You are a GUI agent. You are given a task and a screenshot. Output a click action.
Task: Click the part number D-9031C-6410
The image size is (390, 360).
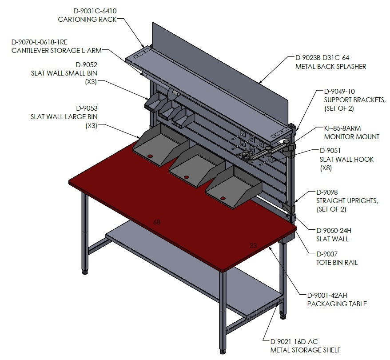pyautogui.click(x=95, y=11)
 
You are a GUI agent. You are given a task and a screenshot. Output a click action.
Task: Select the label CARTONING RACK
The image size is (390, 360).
pyautogui.click(x=87, y=20)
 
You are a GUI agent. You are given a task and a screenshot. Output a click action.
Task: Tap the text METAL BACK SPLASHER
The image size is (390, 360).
pyautogui.click(x=330, y=67)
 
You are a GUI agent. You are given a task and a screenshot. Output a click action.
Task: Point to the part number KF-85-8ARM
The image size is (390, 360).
pyautogui.click(x=342, y=128)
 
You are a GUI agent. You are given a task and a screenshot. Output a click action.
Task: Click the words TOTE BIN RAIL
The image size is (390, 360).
pyautogui.click(x=337, y=263)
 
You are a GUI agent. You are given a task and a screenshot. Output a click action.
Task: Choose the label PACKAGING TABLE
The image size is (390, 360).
pyautogui.click(x=337, y=304)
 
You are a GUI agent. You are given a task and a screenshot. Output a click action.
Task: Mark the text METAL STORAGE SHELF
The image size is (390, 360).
pyautogui.click(x=306, y=350)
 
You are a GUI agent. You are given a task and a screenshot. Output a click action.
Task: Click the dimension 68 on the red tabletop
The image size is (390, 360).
pyautogui.click(x=157, y=222)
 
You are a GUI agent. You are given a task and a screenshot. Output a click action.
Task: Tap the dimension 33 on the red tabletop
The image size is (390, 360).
pyautogui.click(x=253, y=246)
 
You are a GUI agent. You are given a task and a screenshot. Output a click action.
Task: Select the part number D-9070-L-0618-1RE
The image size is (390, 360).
pyautogui.click(x=40, y=42)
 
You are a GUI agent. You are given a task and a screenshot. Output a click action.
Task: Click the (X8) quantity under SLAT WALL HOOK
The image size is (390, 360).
pyautogui.click(x=326, y=168)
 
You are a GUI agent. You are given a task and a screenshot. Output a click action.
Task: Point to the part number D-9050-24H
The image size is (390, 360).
pyautogui.click(x=334, y=231)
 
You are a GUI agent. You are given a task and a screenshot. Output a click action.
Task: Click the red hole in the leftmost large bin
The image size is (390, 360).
pyautogui.click(x=150, y=156)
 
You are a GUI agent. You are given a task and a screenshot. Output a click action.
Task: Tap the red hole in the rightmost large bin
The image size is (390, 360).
pyautogui.click(x=223, y=198)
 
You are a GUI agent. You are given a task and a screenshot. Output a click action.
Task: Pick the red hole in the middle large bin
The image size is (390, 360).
pyautogui.click(x=186, y=177)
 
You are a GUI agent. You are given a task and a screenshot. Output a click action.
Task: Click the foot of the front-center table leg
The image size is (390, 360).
pyautogui.click(x=223, y=352)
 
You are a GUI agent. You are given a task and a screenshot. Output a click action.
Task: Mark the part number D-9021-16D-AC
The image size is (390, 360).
pyautogui.click(x=294, y=342)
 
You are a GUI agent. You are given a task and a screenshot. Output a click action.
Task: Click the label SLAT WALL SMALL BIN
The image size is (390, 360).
pyautogui.click(x=64, y=73)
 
